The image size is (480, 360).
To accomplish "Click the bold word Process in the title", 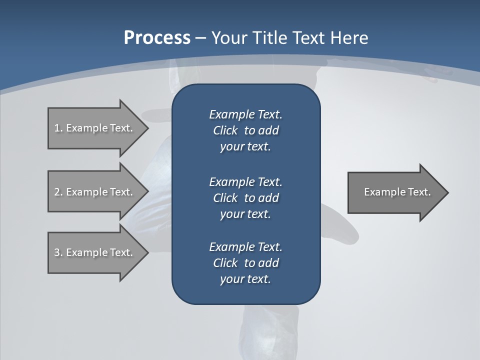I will (x=157, y=38).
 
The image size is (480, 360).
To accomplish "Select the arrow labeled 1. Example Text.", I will (x=95, y=128).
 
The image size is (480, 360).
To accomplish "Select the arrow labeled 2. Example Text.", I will (x=95, y=192).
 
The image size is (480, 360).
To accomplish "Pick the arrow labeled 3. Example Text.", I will (x=95, y=252).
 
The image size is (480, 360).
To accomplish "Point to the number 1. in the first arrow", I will (x=58, y=128).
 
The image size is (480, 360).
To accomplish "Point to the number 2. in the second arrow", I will (x=58, y=192).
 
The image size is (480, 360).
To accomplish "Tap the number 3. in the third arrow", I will (x=58, y=252).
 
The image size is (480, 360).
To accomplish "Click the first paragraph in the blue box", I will (x=245, y=130).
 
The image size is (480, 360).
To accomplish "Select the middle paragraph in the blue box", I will (x=245, y=198).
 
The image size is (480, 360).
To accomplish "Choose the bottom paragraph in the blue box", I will (x=245, y=263).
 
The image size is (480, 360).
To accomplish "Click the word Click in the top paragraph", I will (x=225, y=131).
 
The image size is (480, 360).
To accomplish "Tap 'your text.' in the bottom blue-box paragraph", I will (x=245, y=279).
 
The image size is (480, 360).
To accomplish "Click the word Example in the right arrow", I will (x=382, y=192).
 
